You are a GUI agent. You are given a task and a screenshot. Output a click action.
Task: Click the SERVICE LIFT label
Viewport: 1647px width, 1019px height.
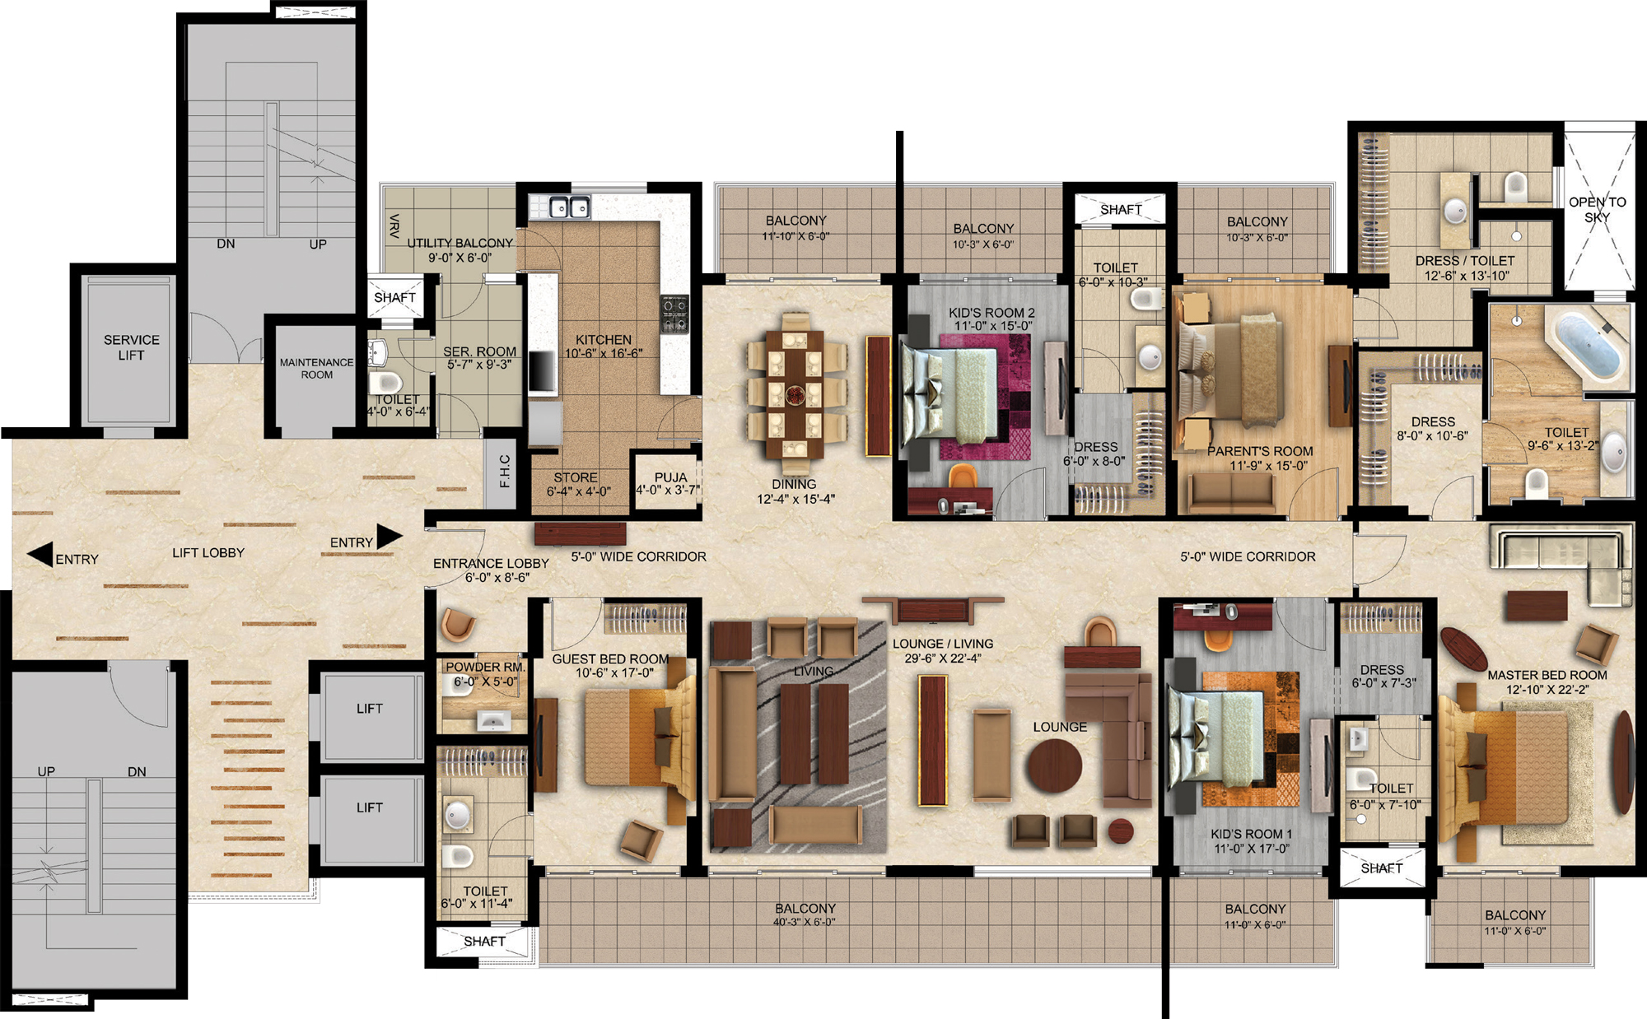pyautogui.click(x=132, y=347)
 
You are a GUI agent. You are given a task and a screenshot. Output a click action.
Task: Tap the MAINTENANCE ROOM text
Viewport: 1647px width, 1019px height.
pyautogui.click(x=316, y=368)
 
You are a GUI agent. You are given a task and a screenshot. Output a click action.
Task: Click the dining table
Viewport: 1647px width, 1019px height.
pyautogui.click(x=795, y=393)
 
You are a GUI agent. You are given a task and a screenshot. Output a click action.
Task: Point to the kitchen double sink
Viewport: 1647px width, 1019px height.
pyautogui.click(x=569, y=207)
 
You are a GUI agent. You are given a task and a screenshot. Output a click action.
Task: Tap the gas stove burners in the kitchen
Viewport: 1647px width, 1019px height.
pyautogui.click(x=675, y=314)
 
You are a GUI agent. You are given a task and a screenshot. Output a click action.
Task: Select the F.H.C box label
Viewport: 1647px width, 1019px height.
pyautogui.click(x=505, y=471)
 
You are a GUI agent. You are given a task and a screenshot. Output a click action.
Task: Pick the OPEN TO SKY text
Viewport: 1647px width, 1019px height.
pyautogui.click(x=1597, y=209)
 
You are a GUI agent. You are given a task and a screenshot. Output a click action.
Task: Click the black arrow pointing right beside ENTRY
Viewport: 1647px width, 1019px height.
pyautogui.click(x=390, y=536)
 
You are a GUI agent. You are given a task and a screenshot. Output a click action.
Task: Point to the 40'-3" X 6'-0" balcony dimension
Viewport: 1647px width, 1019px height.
pyautogui.click(x=804, y=922)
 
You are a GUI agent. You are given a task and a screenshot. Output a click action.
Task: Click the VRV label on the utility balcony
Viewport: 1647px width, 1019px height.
pyautogui.click(x=395, y=226)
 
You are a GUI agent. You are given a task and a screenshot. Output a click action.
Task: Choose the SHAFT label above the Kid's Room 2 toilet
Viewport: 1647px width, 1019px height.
pyautogui.click(x=1121, y=210)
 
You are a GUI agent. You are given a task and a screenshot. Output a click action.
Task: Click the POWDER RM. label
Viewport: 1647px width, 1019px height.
pyautogui.click(x=485, y=667)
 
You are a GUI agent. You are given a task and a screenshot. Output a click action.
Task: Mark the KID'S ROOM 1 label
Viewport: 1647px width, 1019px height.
pyautogui.click(x=1251, y=834)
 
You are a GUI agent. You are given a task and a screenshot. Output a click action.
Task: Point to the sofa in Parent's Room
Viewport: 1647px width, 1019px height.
pyautogui.click(x=1231, y=493)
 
